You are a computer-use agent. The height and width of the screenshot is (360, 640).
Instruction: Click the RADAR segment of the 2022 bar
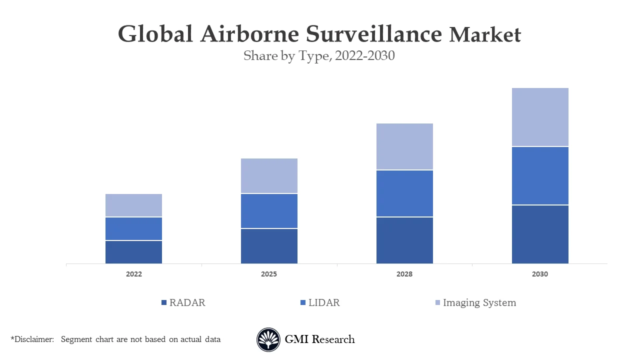point(133,252)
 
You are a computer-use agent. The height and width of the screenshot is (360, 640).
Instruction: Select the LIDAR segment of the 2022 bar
point(133,228)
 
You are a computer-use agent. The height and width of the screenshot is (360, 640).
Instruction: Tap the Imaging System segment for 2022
point(133,205)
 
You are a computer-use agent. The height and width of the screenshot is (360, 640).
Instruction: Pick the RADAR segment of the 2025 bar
point(269,246)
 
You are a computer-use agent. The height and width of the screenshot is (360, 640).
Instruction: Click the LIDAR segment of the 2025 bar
point(269,211)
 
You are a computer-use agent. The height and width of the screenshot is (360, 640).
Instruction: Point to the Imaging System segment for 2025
point(269,175)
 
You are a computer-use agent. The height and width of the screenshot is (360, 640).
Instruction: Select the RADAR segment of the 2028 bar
point(404,240)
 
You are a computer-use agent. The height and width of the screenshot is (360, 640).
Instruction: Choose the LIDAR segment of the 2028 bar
point(404,193)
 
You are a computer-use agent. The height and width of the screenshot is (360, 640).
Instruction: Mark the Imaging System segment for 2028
point(404,146)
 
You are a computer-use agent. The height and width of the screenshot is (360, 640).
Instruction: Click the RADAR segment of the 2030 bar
point(540,234)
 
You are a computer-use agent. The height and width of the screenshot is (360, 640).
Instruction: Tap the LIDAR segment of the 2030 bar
point(540,175)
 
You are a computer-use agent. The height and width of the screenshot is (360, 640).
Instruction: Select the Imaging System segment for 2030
point(540,117)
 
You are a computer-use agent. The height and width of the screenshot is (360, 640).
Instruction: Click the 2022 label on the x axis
point(133,274)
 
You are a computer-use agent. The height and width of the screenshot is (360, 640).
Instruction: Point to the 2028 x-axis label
point(404,274)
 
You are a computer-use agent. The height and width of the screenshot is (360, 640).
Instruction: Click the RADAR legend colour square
point(164,303)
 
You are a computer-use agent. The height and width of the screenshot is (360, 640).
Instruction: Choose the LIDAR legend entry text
point(324,303)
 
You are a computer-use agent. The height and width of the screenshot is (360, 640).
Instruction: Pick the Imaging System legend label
point(479,303)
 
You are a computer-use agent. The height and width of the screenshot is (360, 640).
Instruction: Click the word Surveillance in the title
point(374,34)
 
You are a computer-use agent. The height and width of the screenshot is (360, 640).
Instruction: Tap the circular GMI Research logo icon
point(268,340)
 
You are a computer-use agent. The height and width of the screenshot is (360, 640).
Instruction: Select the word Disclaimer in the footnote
point(33,339)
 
